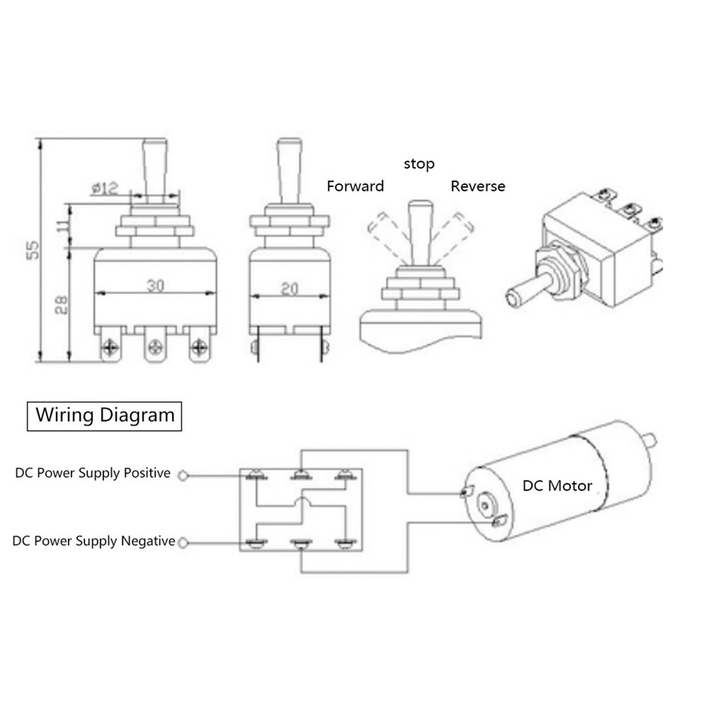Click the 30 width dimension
(x=156, y=285)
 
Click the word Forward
(x=354, y=186)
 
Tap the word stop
(x=419, y=164)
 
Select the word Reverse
(x=478, y=186)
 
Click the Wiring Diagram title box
(x=104, y=415)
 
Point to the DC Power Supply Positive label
(x=93, y=473)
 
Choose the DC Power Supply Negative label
(x=94, y=541)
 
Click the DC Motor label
(x=557, y=486)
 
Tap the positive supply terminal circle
(x=184, y=475)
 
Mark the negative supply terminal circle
(x=184, y=543)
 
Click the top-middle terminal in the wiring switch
(x=301, y=475)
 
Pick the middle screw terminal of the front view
(x=155, y=347)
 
